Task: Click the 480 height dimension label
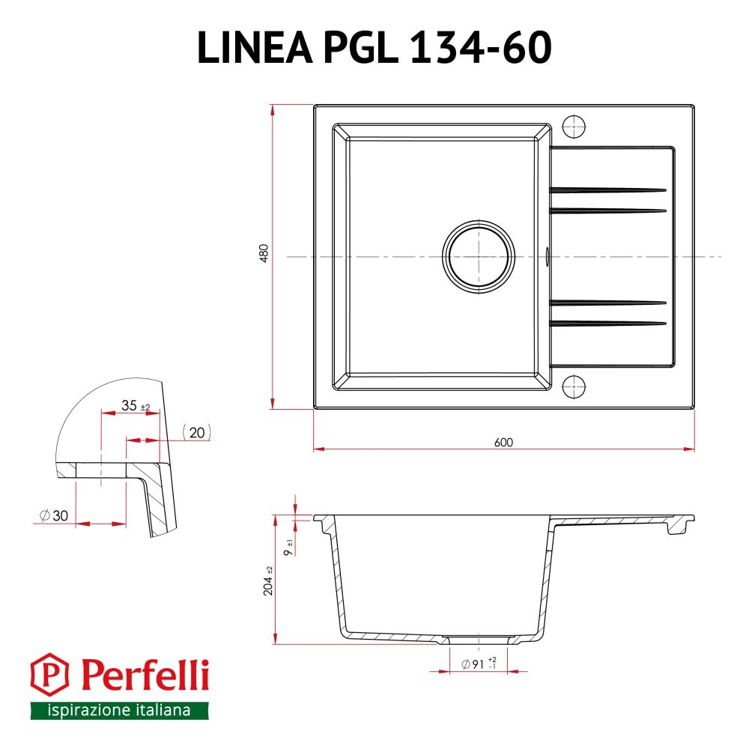click(x=264, y=253)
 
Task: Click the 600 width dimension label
click(x=503, y=443)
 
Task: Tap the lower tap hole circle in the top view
click(x=574, y=386)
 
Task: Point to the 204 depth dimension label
click(x=268, y=581)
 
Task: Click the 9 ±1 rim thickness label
click(x=288, y=548)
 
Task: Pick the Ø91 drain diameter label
click(x=479, y=664)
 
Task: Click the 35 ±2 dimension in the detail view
click(x=136, y=405)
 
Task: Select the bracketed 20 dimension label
click(x=197, y=432)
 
